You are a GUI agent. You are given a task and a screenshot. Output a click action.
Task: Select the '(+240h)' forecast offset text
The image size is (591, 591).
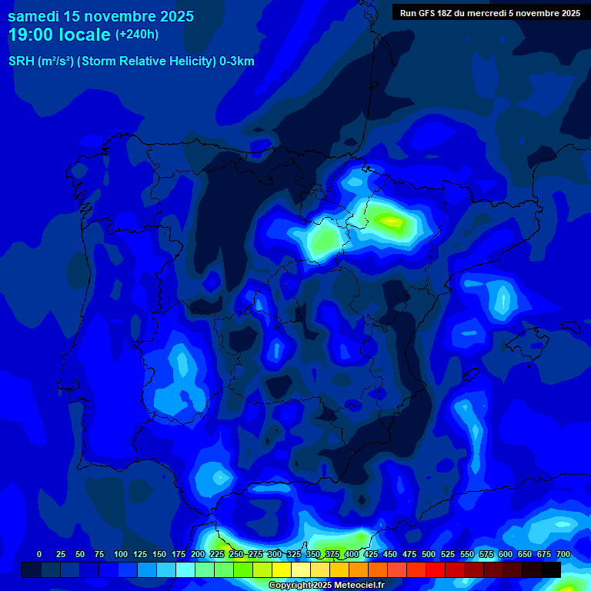coord(137,35)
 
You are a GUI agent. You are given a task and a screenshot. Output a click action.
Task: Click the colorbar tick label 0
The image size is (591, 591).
coord(39,554)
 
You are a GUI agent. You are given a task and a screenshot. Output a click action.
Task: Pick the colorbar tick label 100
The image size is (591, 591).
coord(121,554)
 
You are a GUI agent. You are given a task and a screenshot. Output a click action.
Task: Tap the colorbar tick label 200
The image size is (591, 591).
coord(198,554)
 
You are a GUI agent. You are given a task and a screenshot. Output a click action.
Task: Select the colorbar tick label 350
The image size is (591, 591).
coord(313,554)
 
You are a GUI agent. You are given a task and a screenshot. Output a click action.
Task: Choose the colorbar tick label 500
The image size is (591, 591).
coord(429,554)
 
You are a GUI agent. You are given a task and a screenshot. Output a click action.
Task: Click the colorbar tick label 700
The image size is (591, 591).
coord(563,554)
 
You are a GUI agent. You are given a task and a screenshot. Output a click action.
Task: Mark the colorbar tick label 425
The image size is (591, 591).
coord(371,554)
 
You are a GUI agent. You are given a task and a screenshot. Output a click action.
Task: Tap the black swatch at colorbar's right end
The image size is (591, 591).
coord(551,569)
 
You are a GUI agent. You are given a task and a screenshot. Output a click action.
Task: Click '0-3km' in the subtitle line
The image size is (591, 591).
coord(237,62)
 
